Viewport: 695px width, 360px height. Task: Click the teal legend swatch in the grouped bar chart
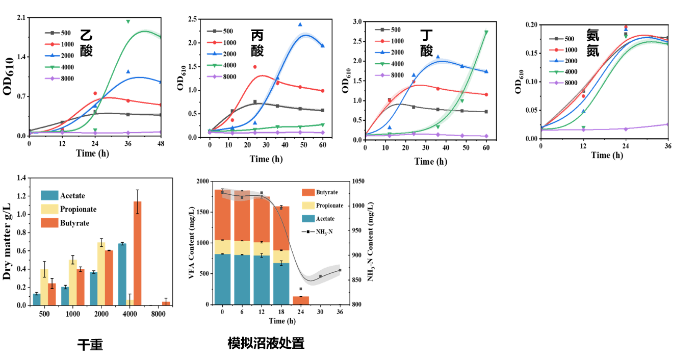coord(49,195)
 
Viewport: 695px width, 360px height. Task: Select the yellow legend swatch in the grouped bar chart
coord(49,209)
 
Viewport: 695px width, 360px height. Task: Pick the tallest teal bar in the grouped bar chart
coord(122,274)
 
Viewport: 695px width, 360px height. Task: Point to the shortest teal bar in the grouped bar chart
coord(36,299)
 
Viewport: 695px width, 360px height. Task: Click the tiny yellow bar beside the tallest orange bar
coord(130,302)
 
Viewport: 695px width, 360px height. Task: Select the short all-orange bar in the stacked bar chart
coord(301,300)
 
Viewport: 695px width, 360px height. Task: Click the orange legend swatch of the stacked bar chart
coord(308,193)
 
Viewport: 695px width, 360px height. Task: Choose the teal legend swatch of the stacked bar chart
coord(308,219)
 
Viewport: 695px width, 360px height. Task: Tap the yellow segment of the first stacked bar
coord(222,247)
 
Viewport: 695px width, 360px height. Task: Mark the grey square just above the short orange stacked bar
coord(301,289)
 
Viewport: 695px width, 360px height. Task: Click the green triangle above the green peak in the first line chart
coord(128,21)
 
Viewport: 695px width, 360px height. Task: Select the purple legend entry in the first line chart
coord(52,79)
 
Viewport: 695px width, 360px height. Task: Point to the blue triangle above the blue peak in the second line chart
coord(300,24)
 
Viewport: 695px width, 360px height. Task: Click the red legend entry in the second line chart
coord(214,42)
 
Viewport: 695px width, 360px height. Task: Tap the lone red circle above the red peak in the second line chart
coord(255,67)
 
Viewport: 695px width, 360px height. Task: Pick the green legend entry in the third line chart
coord(382,64)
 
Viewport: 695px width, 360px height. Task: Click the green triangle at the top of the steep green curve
coord(486,32)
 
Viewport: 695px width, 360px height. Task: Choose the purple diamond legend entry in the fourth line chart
coord(556,83)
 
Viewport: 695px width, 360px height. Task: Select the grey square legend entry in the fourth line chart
coord(556,39)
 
